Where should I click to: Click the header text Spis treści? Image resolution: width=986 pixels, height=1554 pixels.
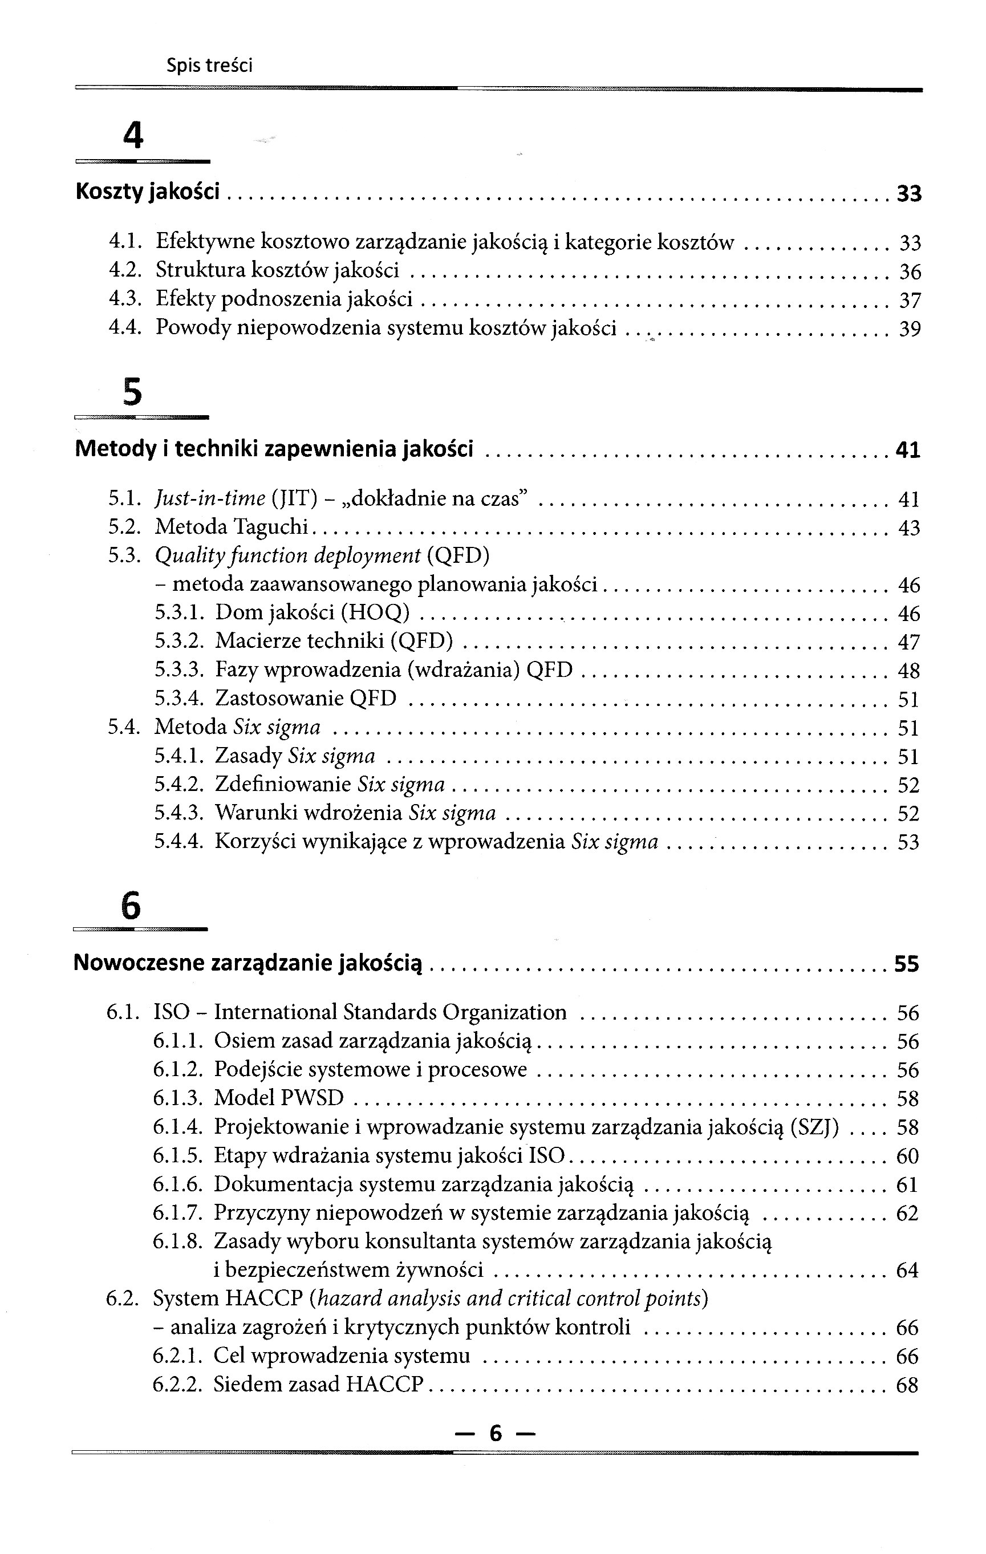click(209, 65)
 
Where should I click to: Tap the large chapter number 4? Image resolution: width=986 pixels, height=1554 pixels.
click(133, 136)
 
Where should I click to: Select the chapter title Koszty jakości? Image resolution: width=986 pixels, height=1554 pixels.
click(148, 192)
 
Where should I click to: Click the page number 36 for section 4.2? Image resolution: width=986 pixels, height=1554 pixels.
click(910, 271)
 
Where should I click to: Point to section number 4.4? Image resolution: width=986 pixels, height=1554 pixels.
click(124, 328)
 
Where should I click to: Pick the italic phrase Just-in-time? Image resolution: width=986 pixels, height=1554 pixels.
click(210, 498)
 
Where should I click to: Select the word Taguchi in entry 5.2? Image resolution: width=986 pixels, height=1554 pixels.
click(271, 528)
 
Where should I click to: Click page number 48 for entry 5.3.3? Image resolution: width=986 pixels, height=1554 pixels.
click(908, 671)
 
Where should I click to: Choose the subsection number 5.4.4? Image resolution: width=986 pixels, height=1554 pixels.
click(178, 842)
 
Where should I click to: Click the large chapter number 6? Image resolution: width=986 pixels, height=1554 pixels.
click(131, 906)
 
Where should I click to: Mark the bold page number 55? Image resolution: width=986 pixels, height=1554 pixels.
click(906, 964)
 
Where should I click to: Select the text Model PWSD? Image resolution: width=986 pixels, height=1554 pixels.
click(279, 1098)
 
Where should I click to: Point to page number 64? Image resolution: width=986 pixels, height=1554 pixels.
click(907, 1270)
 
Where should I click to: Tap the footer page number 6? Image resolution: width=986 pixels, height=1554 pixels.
click(495, 1433)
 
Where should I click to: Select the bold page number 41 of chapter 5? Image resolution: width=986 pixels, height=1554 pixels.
click(907, 450)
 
